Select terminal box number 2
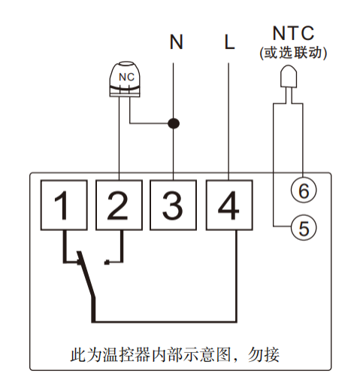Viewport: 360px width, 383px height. click(x=119, y=205)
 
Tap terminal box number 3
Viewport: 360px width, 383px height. click(x=174, y=205)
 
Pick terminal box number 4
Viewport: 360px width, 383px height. click(x=228, y=205)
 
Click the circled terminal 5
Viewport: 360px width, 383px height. click(x=304, y=227)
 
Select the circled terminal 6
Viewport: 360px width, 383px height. click(x=304, y=191)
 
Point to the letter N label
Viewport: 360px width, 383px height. click(x=176, y=42)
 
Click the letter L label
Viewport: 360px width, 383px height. click(x=229, y=42)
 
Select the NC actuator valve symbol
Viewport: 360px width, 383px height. click(x=129, y=79)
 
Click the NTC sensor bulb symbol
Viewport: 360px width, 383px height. click(x=288, y=78)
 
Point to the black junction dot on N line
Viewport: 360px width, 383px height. click(x=174, y=122)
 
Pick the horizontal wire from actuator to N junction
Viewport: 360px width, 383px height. click(x=150, y=122)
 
